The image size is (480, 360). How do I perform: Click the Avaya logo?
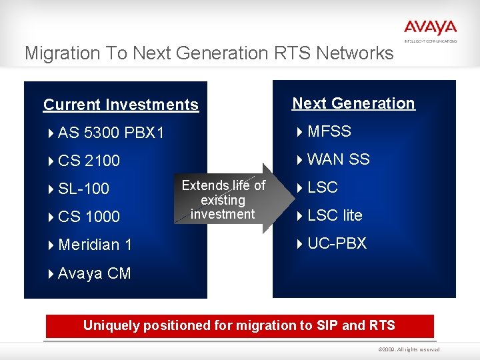click(430, 29)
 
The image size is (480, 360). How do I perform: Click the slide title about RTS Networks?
click(209, 53)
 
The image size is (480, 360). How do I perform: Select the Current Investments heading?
click(121, 105)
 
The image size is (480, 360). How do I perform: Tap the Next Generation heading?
click(353, 103)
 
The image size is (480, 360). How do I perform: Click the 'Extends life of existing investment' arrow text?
click(223, 199)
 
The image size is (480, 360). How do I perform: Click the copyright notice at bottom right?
click(409, 349)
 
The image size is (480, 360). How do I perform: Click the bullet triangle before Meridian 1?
click(51, 245)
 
